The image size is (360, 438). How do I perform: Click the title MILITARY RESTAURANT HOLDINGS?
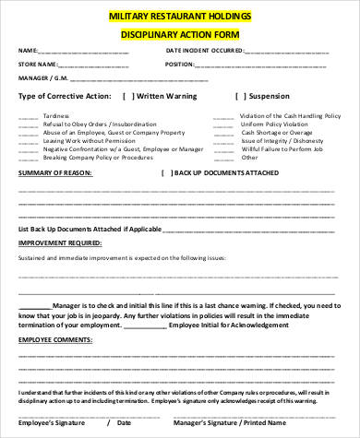point(179,17)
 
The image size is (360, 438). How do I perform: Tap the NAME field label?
point(28,50)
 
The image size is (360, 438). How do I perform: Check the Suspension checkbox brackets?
point(243,96)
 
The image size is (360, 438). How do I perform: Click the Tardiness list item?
point(54,116)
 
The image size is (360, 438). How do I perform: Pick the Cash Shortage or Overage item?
point(278,132)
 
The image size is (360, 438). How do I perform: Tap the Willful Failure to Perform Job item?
point(282,148)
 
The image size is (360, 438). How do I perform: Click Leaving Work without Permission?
point(86,140)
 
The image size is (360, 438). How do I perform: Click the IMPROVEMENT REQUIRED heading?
point(61,243)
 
